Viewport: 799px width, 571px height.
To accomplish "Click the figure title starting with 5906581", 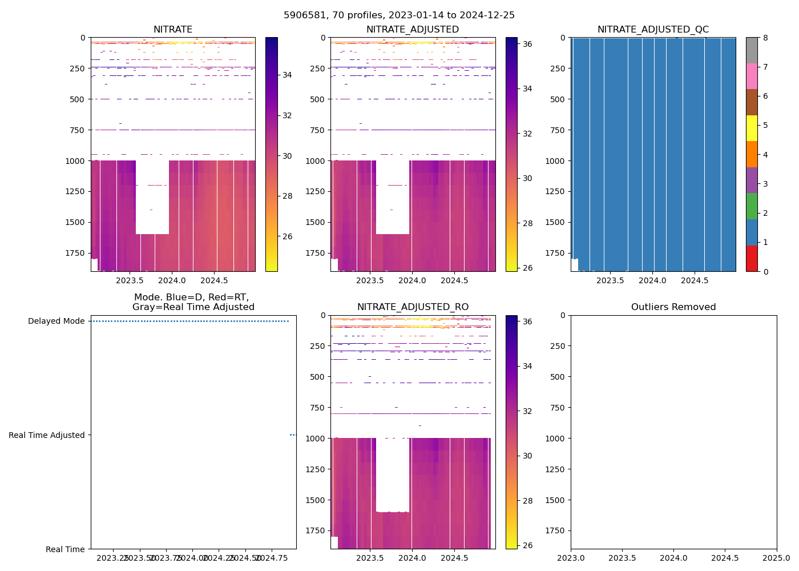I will point(399,15).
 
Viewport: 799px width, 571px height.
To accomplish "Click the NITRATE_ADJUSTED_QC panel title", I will point(653,30).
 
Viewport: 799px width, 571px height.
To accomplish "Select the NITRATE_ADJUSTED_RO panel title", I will point(413,307).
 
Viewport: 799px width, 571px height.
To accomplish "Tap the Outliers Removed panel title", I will point(673,307).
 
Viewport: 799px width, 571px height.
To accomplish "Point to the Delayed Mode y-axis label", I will point(56,321).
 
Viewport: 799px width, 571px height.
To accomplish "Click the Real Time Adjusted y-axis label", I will point(46,435).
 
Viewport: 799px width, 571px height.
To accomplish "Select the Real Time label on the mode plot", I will point(65,549).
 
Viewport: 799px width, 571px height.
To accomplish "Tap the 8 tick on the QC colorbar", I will point(765,38).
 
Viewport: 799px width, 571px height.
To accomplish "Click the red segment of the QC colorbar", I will point(752,258).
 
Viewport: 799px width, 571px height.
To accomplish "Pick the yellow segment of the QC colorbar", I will point(752,128).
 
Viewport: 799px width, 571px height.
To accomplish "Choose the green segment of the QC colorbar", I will point(752,206).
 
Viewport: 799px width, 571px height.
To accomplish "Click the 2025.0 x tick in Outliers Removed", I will point(776,557).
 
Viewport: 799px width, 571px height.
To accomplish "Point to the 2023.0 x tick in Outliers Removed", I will point(571,557).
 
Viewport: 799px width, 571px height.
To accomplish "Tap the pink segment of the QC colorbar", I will point(752,76).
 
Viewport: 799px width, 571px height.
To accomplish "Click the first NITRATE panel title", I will point(173,30).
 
